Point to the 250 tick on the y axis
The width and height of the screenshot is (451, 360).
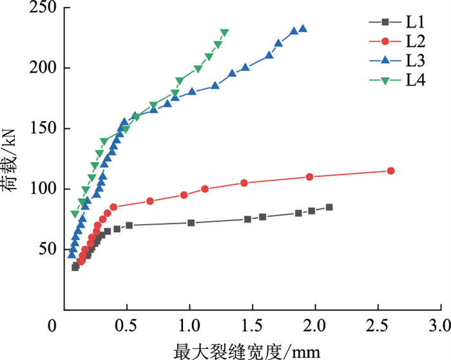click(x=43, y=8)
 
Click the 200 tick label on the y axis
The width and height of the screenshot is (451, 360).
click(x=43, y=68)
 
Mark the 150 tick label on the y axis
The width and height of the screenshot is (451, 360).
click(x=43, y=129)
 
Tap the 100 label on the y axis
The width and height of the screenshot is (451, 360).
click(x=43, y=189)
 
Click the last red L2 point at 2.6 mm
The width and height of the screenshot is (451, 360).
click(x=390, y=171)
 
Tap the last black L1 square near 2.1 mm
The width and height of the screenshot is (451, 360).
click(x=329, y=207)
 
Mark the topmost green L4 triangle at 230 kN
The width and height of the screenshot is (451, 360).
click(x=224, y=33)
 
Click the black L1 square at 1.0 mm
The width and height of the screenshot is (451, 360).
click(x=191, y=223)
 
